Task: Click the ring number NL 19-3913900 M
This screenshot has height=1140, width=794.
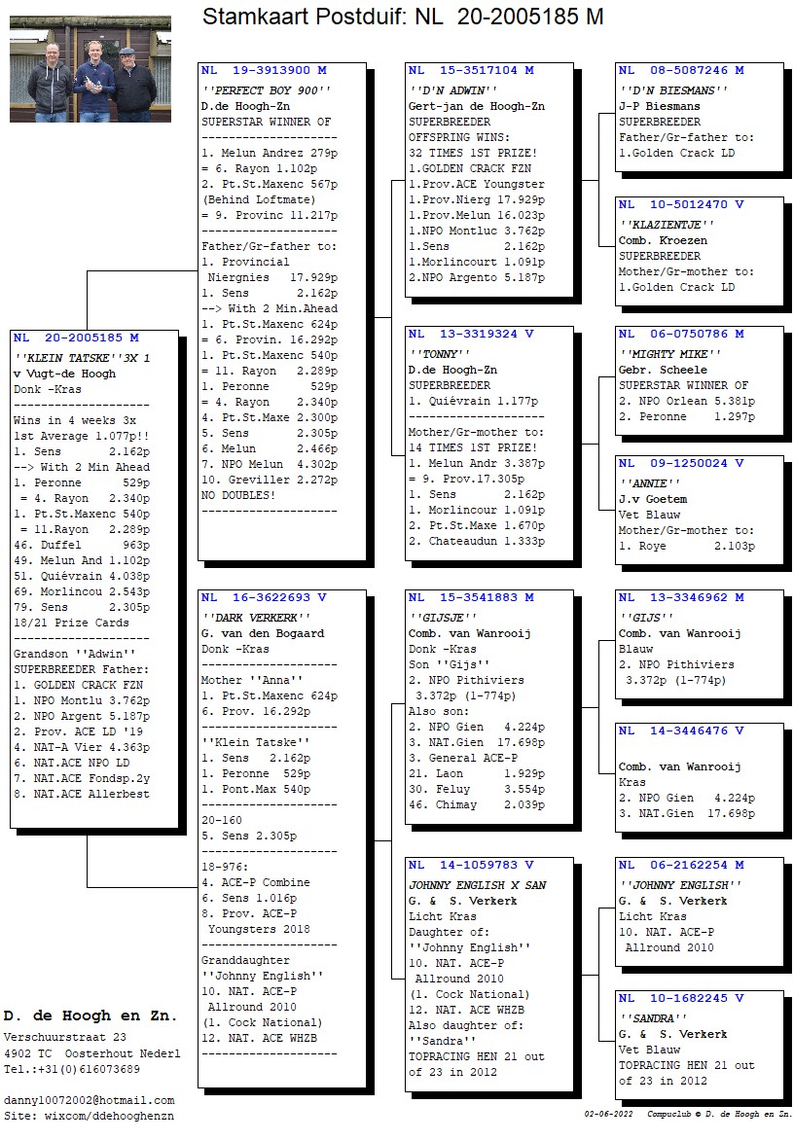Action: [x=264, y=71]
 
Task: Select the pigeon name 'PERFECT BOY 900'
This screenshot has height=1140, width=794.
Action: [x=266, y=90]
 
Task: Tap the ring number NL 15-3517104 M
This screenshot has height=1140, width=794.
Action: [x=471, y=71]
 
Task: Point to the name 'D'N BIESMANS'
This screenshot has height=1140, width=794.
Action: [x=673, y=90]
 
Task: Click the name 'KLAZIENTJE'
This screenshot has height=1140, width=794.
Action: [x=667, y=225]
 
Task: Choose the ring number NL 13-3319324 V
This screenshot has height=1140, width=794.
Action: [x=471, y=334]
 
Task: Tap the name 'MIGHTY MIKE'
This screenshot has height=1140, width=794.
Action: [x=669, y=354]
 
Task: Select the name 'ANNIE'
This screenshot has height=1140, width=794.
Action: [x=649, y=483]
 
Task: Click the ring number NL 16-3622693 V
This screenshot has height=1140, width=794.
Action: [x=264, y=597]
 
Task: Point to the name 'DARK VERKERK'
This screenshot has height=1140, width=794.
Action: [x=256, y=618]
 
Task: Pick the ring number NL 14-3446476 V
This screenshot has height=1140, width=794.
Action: [x=681, y=730]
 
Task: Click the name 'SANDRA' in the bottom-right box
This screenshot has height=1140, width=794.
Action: [x=653, y=1018]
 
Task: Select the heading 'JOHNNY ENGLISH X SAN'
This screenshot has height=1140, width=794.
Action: [x=478, y=885]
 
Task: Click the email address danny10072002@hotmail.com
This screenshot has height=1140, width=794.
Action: [x=90, y=1100]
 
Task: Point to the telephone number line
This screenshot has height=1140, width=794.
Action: [x=72, y=1069]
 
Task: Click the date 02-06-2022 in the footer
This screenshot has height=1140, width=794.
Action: [x=608, y=1114]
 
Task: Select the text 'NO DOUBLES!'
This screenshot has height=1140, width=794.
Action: [x=238, y=495]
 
